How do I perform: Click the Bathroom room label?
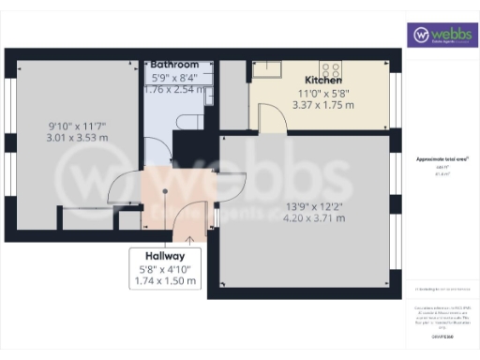tap(173, 65)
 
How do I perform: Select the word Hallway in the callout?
tap(165, 256)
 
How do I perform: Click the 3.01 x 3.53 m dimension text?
tap(79, 137)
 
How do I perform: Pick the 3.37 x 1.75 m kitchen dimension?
tap(323, 105)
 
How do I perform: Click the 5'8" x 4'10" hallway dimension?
tap(165, 269)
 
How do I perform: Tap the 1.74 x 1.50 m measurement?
tap(165, 280)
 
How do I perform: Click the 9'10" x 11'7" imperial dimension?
tap(79, 125)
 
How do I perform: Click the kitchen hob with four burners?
tap(330, 67)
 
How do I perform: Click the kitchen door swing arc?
tap(270, 118)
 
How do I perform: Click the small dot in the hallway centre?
tap(165, 191)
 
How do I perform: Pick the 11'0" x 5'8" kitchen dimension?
tap(323, 93)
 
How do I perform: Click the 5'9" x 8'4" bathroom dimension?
tap(173, 78)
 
